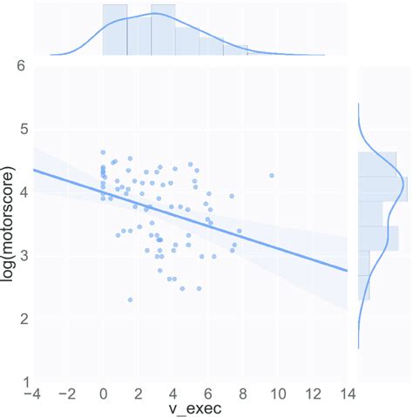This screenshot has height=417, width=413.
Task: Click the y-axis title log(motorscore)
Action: pos(10,225)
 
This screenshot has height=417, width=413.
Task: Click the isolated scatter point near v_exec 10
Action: pos(272,175)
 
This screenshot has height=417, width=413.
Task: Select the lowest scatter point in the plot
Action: pos(130,299)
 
